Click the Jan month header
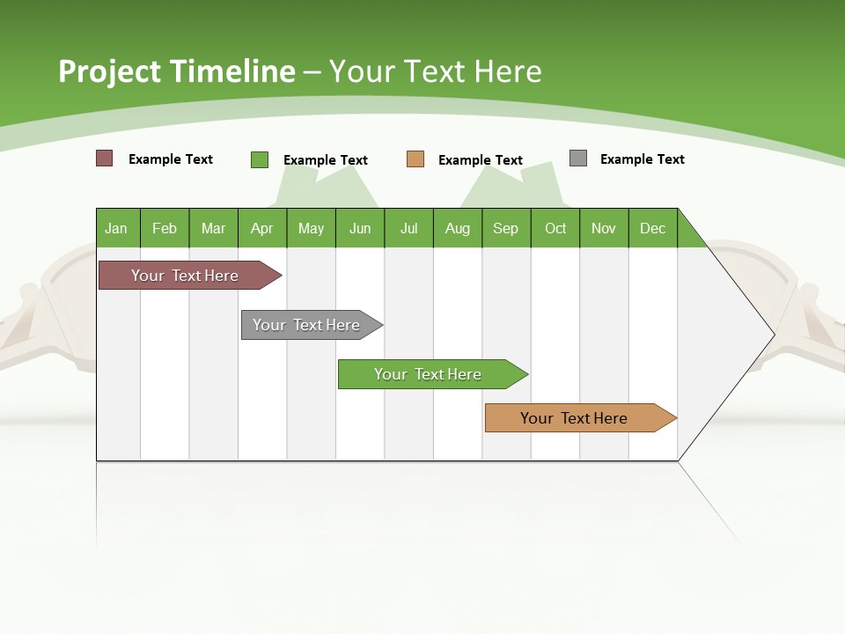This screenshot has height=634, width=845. (116, 228)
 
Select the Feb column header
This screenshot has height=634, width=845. (165, 228)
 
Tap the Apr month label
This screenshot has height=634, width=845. (261, 228)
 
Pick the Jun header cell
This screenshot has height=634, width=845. (360, 228)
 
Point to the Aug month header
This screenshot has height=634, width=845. (457, 228)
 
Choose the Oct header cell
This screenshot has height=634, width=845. (555, 228)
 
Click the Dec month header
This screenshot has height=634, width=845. (652, 228)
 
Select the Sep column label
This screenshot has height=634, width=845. (505, 228)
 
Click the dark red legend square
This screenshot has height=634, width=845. (105, 158)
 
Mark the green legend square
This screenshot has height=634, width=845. (260, 159)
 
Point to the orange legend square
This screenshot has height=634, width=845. (415, 159)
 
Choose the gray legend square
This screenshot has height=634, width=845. (578, 158)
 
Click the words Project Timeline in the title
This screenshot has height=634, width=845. (177, 71)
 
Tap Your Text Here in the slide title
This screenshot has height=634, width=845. (436, 71)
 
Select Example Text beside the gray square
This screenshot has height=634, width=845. (642, 159)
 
